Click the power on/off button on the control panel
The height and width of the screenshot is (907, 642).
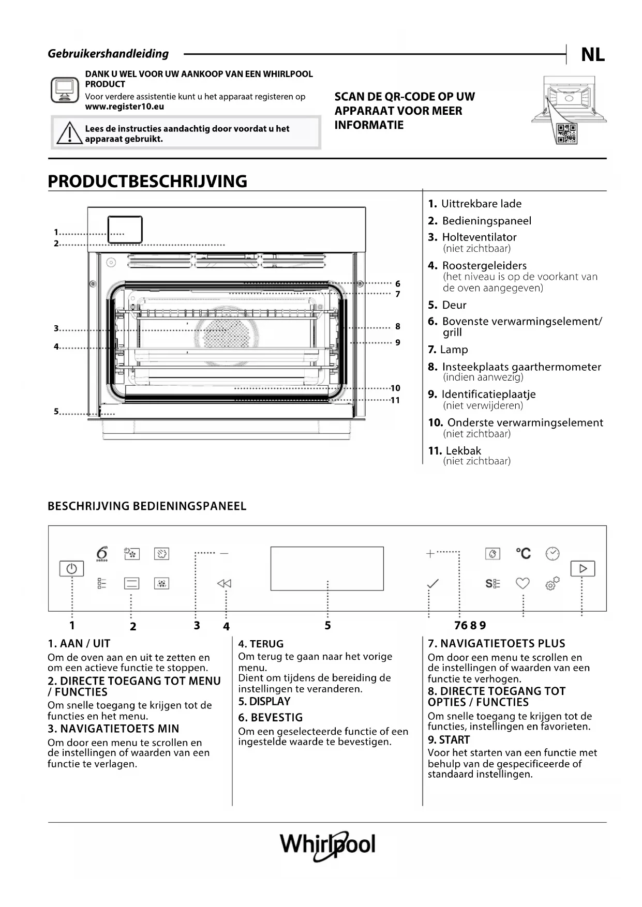(x=71, y=569)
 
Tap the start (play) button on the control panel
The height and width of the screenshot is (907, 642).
(x=583, y=568)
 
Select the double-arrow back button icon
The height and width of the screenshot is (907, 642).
(x=224, y=583)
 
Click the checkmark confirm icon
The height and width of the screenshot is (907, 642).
(x=432, y=584)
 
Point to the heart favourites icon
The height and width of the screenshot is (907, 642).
(x=522, y=583)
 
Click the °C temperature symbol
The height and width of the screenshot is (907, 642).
(x=523, y=553)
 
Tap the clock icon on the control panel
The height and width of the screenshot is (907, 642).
(x=553, y=553)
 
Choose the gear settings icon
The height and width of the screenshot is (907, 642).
(x=552, y=584)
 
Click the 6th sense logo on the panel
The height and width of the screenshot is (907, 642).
(x=102, y=553)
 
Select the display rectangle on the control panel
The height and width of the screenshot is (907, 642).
(x=327, y=568)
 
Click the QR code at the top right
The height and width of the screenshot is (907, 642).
(x=566, y=134)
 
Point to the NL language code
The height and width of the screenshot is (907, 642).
(x=592, y=54)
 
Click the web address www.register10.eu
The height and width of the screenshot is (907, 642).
(x=124, y=107)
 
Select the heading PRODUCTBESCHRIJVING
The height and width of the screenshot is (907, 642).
(x=147, y=181)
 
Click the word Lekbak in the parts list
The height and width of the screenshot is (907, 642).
(x=463, y=450)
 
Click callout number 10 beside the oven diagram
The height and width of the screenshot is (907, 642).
(x=395, y=388)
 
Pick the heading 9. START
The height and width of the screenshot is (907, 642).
(x=449, y=739)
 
